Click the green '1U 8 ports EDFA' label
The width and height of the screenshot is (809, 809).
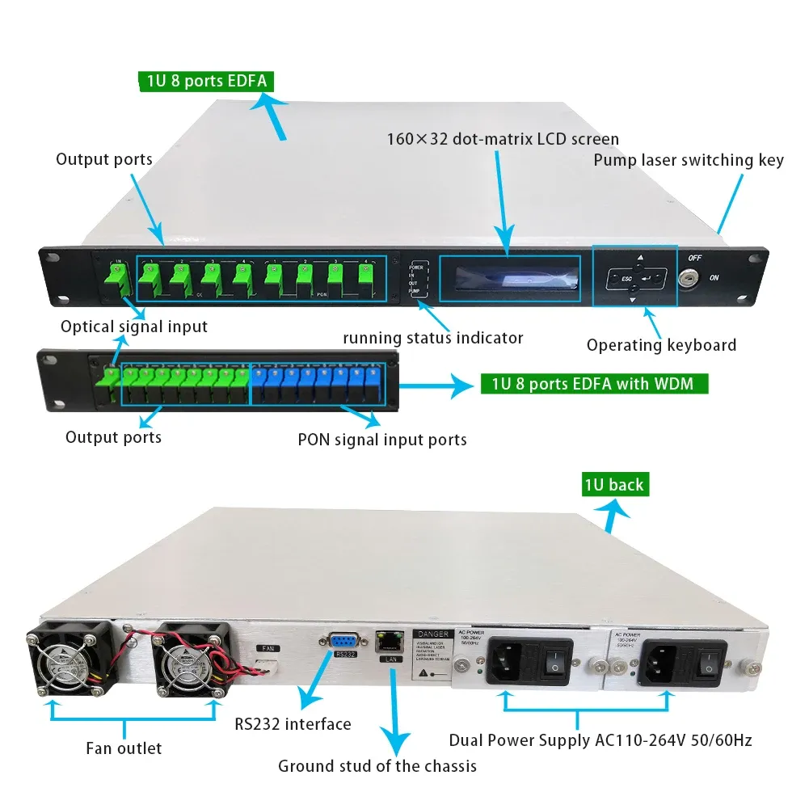[x=203, y=81]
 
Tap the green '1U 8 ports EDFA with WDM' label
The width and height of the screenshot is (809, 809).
[x=593, y=383]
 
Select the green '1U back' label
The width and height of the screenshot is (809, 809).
[x=615, y=484]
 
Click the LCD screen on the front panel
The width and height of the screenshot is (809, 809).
[x=510, y=278]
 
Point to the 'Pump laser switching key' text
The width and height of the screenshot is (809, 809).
[x=689, y=160]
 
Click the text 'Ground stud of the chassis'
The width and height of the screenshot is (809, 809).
[x=377, y=765]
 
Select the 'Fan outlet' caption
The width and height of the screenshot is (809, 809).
[x=124, y=748]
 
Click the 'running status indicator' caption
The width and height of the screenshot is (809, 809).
[x=432, y=338]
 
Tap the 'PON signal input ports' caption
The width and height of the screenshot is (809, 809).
[x=382, y=440]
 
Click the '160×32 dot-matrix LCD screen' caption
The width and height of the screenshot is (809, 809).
[x=503, y=139]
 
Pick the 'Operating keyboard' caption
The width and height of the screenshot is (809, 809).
[x=661, y=345]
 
